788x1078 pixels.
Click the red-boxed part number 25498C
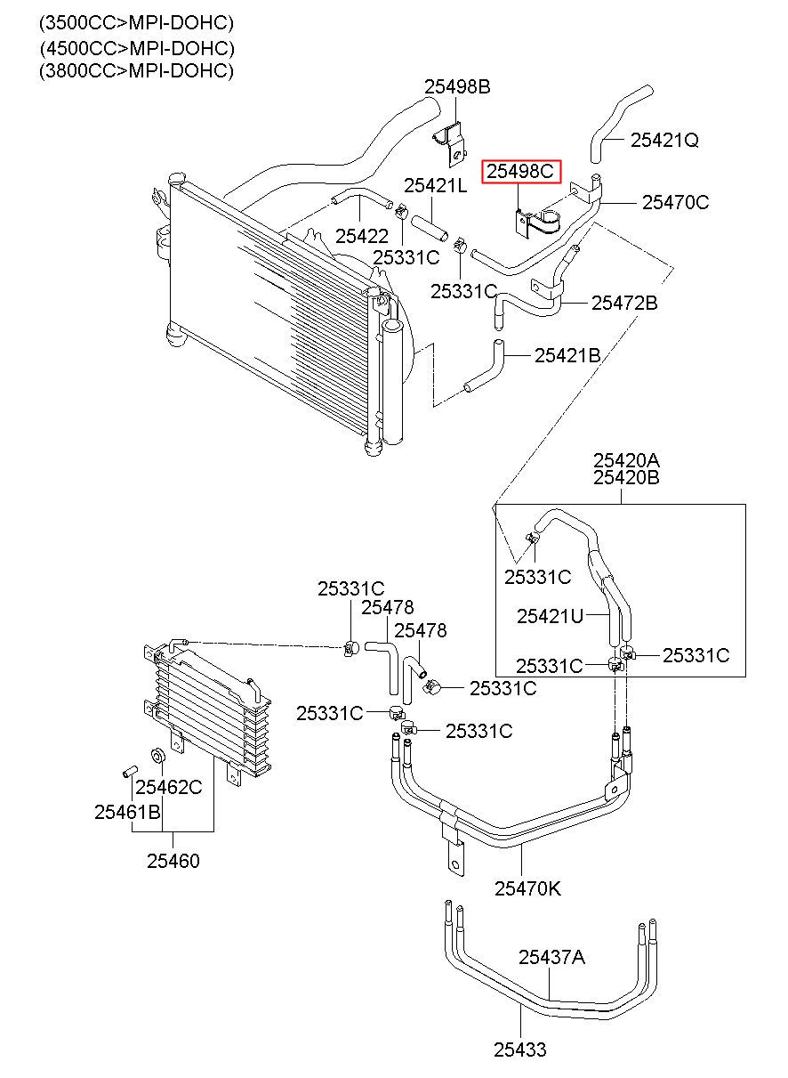pyautogui.click(x=520, y=171)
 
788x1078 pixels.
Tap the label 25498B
pyautogui.click(x=457, y=86)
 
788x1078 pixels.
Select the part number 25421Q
pyautogui.click(x=664, y=140)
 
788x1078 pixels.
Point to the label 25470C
pyautogui.click(x=676, y=202)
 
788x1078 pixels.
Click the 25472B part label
pyautogui.click(x=624, y=303)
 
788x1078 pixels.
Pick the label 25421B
pyautogui.click(x=567, y=355)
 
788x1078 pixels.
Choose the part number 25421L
pyautogui.click(x=436, y=185)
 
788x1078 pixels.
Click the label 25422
pyautogui.click(x=362, y=236)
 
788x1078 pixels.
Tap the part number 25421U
pyautogui.click(x=550, y=616)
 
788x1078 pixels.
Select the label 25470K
pyautogui.click(x=528, y=888)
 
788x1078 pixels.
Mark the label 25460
pyautogui.click(x=173, y=861)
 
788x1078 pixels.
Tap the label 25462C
pyautogui.click(x=168, y=787)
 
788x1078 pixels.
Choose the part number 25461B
pyautogui.click(x=127, y=812)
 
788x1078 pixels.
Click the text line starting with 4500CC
pyautogui.click(x=137, y=48)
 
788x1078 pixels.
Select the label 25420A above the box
pyautogui.click(x=626, y=460)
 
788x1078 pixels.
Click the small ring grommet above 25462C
pyautogui.click(x=157, y=756)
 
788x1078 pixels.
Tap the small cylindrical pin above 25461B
pyautogui.click(x=129, y=771)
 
